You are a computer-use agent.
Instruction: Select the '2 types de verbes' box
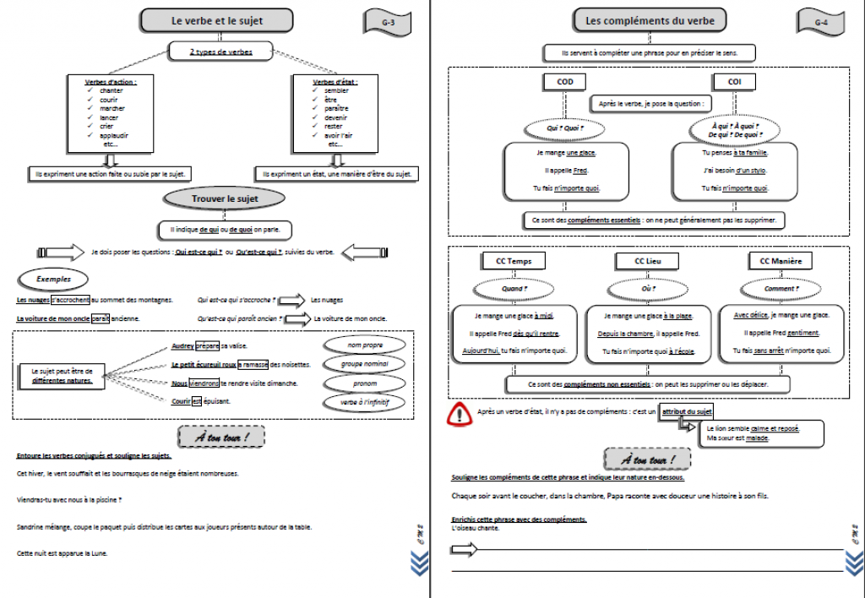click(x=221, y=52)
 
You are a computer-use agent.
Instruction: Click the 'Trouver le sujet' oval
click(x=225, y=199)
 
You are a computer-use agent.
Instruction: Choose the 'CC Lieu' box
click(x=648, y=261)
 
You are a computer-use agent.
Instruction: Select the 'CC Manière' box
click(x=781, y=261)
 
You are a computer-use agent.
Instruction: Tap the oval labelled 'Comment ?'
click(x=780, y=289)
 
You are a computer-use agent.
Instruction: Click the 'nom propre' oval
click(x=366, y=345)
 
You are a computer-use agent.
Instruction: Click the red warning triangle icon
click(x=460, y=414)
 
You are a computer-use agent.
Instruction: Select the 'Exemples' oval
click(x=53, y=279)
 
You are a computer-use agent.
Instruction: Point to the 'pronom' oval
click(x=366, y=383)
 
